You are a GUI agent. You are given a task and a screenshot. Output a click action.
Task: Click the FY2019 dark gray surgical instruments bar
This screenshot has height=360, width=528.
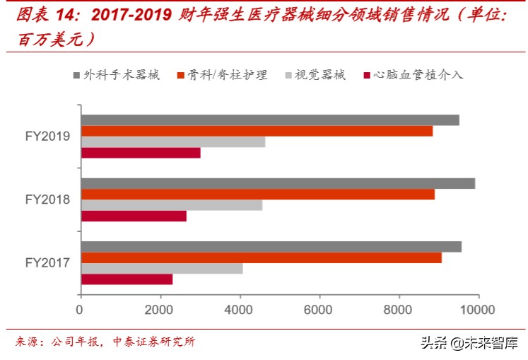[x=270, y=120]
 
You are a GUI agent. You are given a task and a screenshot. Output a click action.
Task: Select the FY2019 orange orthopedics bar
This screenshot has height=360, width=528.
[x=257, y=131]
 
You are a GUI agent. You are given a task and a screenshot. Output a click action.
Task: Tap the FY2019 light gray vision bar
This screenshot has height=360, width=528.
[x=173, y=141]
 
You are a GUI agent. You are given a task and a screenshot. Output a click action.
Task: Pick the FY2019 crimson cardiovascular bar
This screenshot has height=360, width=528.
[x=141, y=153]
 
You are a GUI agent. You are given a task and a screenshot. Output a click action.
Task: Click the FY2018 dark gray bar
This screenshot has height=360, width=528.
[x=278, y=184]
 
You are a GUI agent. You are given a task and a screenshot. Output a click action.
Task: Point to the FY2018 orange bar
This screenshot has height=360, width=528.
[x=258, y=194]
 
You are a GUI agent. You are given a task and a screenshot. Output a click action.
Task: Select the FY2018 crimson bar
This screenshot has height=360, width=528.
[x=134, y=216]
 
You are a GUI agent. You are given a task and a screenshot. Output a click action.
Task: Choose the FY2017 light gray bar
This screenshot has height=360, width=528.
[x=162, y=269]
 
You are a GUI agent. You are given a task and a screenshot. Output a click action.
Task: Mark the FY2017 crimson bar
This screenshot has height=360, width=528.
[x=127, y=279]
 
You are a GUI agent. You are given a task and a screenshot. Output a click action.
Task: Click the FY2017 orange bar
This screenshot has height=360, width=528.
[x=262, y=257]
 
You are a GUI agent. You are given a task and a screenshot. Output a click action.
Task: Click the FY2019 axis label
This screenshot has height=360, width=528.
[x=47, y=136]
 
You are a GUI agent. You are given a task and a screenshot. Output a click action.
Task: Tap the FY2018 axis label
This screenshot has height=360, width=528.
[x=47, y=199]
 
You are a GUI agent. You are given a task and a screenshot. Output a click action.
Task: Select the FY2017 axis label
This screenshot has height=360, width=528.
[x=47, y=263]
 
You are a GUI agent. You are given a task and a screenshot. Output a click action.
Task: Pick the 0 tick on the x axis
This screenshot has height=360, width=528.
[x=81, y=308]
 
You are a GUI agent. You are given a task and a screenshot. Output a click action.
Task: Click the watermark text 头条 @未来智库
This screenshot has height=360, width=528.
[x=469, y=343]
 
